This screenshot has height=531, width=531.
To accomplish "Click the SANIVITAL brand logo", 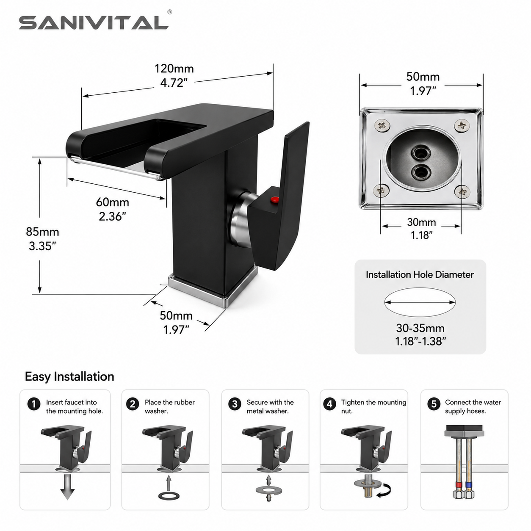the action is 94,22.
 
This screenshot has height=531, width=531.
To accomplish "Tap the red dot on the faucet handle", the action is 274,199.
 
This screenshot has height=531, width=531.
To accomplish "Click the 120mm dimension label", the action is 174,69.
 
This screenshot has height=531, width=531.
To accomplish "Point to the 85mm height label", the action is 42,232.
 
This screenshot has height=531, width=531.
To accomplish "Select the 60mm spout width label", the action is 113,202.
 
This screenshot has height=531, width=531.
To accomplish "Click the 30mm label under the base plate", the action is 421,222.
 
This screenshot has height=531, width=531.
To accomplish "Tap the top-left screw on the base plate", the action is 382,126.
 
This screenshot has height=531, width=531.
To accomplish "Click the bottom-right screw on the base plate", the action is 462,191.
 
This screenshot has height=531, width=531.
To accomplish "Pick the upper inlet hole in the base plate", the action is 420,152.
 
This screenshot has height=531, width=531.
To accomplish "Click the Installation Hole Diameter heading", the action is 420,274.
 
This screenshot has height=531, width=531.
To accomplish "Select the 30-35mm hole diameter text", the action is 420,328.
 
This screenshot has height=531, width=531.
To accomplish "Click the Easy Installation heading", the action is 69,376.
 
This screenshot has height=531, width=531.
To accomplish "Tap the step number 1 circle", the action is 34,404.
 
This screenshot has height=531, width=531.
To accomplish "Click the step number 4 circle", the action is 329,404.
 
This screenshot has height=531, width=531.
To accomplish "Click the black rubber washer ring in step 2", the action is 169,496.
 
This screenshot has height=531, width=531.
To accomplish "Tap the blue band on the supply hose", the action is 467,485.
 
